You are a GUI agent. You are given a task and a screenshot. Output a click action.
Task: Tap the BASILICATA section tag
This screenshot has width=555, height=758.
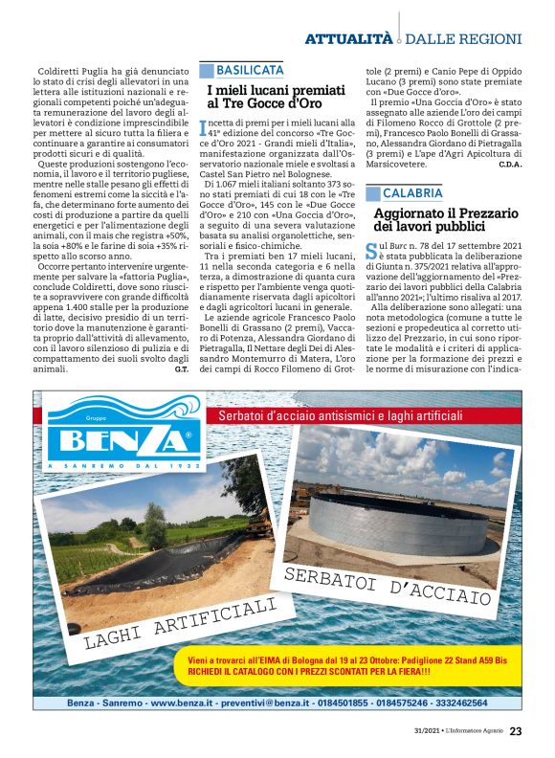[x=250, y=71]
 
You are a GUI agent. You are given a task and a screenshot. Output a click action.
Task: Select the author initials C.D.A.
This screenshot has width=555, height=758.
[x=510, y=165]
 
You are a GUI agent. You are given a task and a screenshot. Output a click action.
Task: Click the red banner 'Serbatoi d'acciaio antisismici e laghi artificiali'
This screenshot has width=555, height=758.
[x=340, y=416]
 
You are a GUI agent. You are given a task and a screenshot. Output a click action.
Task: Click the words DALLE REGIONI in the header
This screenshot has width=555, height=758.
[x=464, y=39]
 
